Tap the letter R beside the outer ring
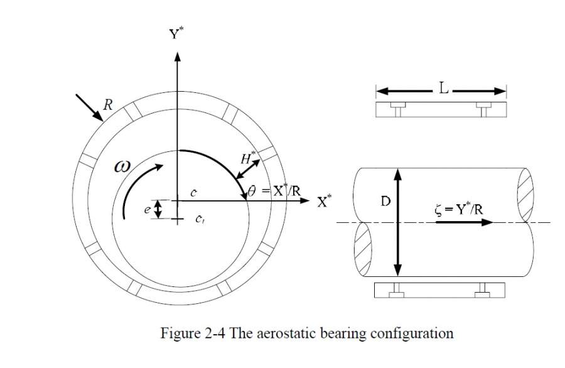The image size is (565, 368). point(107,105)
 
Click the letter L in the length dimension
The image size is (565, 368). point(443,90)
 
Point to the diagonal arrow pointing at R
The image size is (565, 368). point(89,107)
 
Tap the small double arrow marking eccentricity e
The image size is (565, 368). point(158,209)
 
